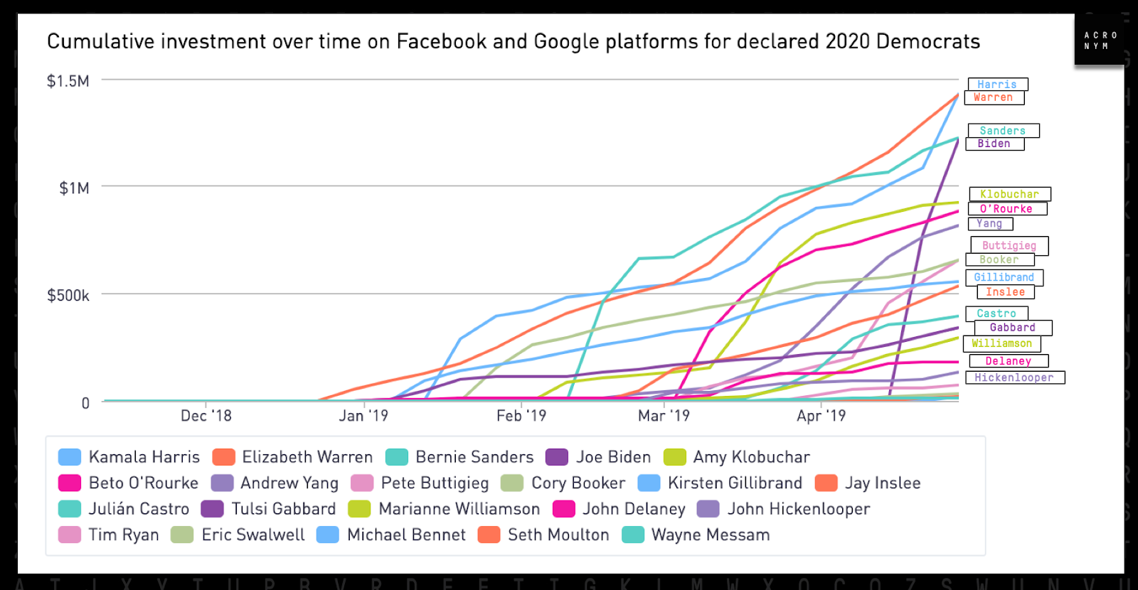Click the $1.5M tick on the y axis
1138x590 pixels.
click(x=68, y=81)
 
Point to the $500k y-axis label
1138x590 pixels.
click(x=68, y=295)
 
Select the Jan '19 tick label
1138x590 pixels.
click(x=363, y=416)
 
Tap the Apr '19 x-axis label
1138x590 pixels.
click(x=821, y=416)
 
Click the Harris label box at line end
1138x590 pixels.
click(x=997, y=85)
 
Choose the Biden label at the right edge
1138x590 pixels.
click(x=994, y=144)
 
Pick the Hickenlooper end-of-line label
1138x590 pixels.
click(x=1014, y=377)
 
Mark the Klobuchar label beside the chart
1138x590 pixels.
click(x=1010, y=194)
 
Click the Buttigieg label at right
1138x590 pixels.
click(x=1009, y=245)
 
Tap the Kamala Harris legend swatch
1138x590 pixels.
click(x=70, y=457)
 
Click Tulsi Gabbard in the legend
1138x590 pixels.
click(x=283, y=509)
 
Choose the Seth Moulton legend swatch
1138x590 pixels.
click(x=489, y=535)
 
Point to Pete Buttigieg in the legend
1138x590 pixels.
click(x=435, y=483)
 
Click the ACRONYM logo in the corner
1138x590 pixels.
click(x=1100, y=41)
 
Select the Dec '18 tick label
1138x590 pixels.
click(x=206, y=416)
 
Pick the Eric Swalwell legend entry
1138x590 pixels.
click(x=252, y=535)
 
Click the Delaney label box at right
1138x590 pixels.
click(x=1009, y=361)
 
